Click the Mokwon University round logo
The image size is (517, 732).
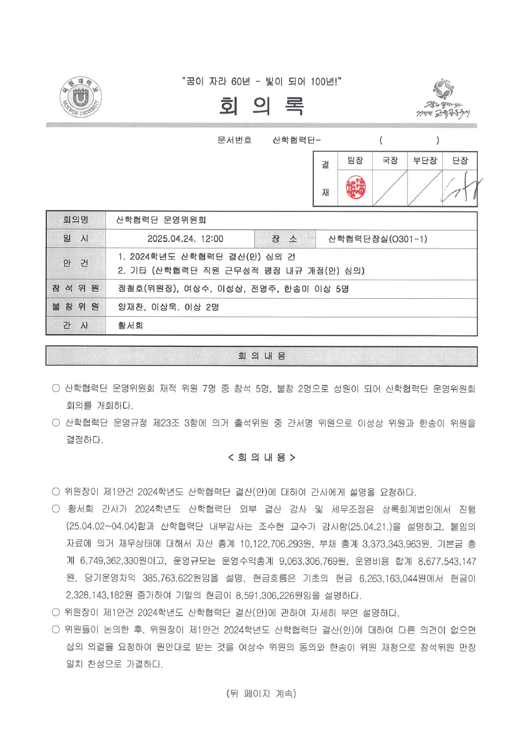tap(81, 99)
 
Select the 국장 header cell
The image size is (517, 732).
tap(389, 162)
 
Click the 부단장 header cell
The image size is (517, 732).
tap(424, 162)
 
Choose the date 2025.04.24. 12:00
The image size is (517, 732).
tap(185, 239)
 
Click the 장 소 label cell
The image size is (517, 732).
tap(284, 239)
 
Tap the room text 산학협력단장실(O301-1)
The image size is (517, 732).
tap(377, 239)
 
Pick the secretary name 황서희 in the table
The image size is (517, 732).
tap(130, 325)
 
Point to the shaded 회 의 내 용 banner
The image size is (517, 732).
tap(262, 356)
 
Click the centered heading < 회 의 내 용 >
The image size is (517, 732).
tap(262, 457)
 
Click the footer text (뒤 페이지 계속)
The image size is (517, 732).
tap(262, 693)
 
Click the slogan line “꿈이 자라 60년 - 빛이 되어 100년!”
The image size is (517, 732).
tap(262, 82)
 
